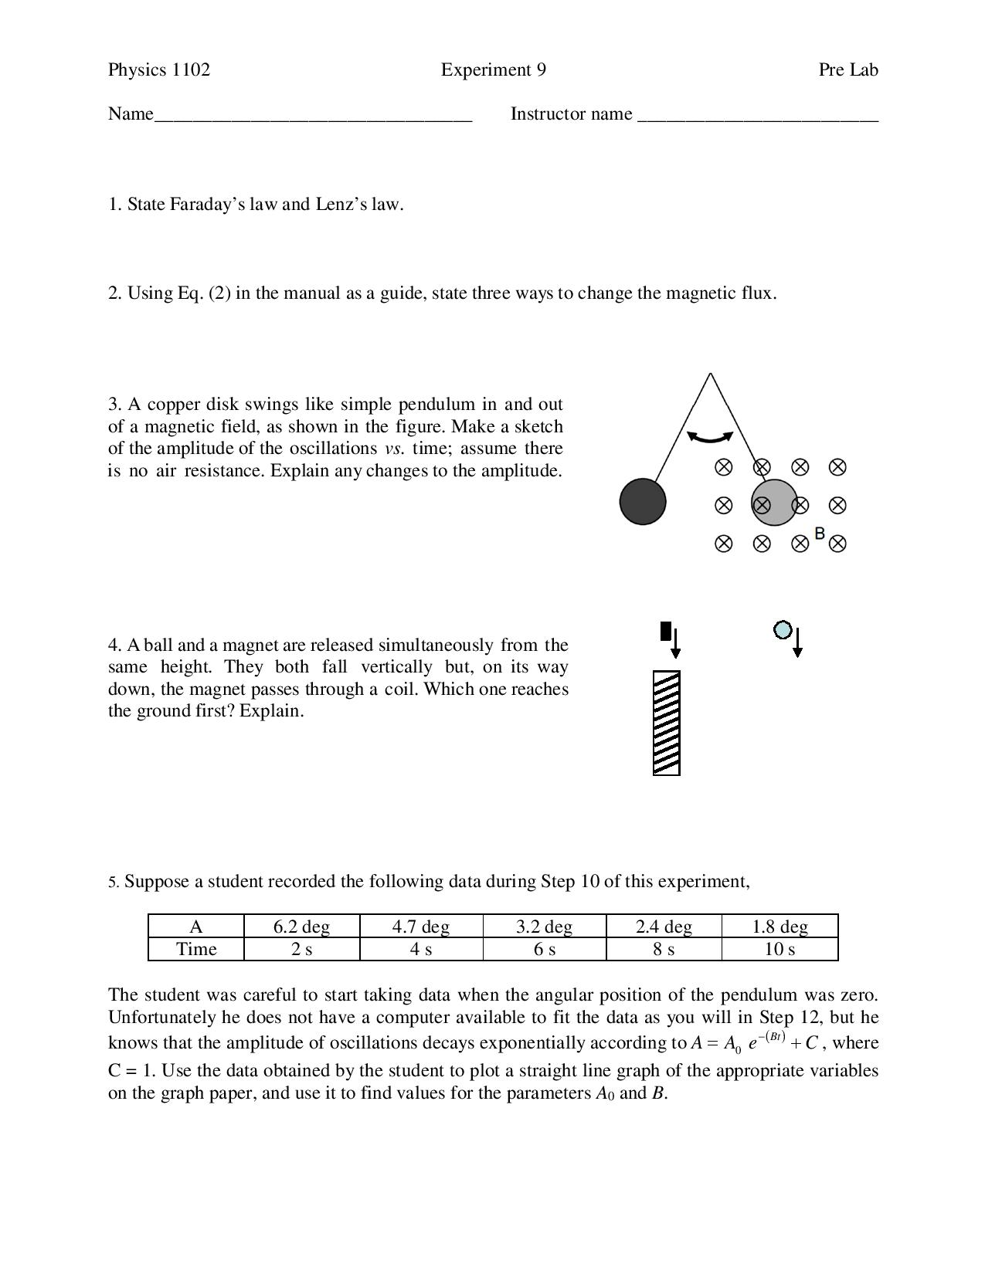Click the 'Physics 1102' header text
pos(158,70)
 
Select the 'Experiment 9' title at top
pos(493,70)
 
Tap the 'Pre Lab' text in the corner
pos(847,70)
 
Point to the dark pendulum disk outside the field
pos(642,501)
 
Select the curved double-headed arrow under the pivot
pos(709,437)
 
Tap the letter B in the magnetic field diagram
pos(820,533)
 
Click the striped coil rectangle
pos(666,723)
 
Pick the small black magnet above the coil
pos(666,631)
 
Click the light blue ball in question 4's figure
pos(782,630)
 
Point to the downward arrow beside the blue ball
pos(797,643)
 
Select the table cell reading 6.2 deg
pos(301,927)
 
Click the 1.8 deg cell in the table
pos(779,927)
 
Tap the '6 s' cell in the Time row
pos(544,949)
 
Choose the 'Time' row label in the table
pos(196,949)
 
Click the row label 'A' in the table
pos(196,927)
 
